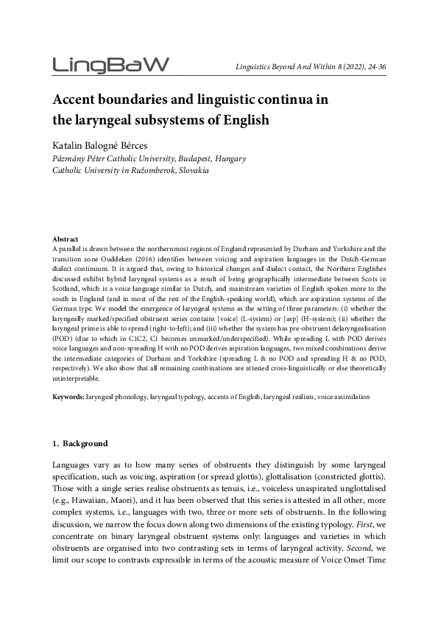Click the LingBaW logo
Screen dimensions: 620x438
tap(111, 65)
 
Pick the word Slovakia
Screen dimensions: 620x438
tap(190, 170)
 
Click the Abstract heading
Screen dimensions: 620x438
tap(66, 239)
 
